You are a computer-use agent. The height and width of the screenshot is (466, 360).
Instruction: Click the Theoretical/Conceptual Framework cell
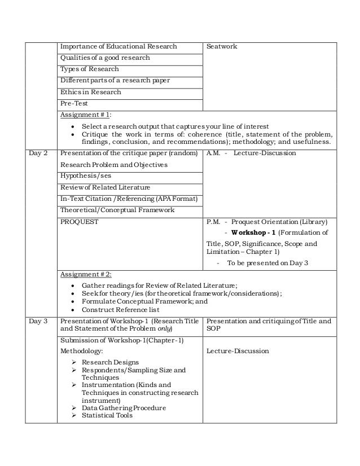click(117, 210)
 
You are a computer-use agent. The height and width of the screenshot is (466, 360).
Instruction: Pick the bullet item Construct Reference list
click(120, 310)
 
